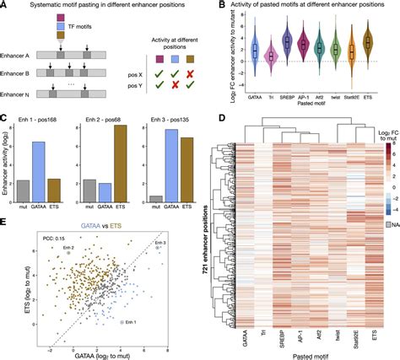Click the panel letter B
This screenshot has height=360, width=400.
[x=206, y=6]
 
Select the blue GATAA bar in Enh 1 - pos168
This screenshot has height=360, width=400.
[x=62, y=161]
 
